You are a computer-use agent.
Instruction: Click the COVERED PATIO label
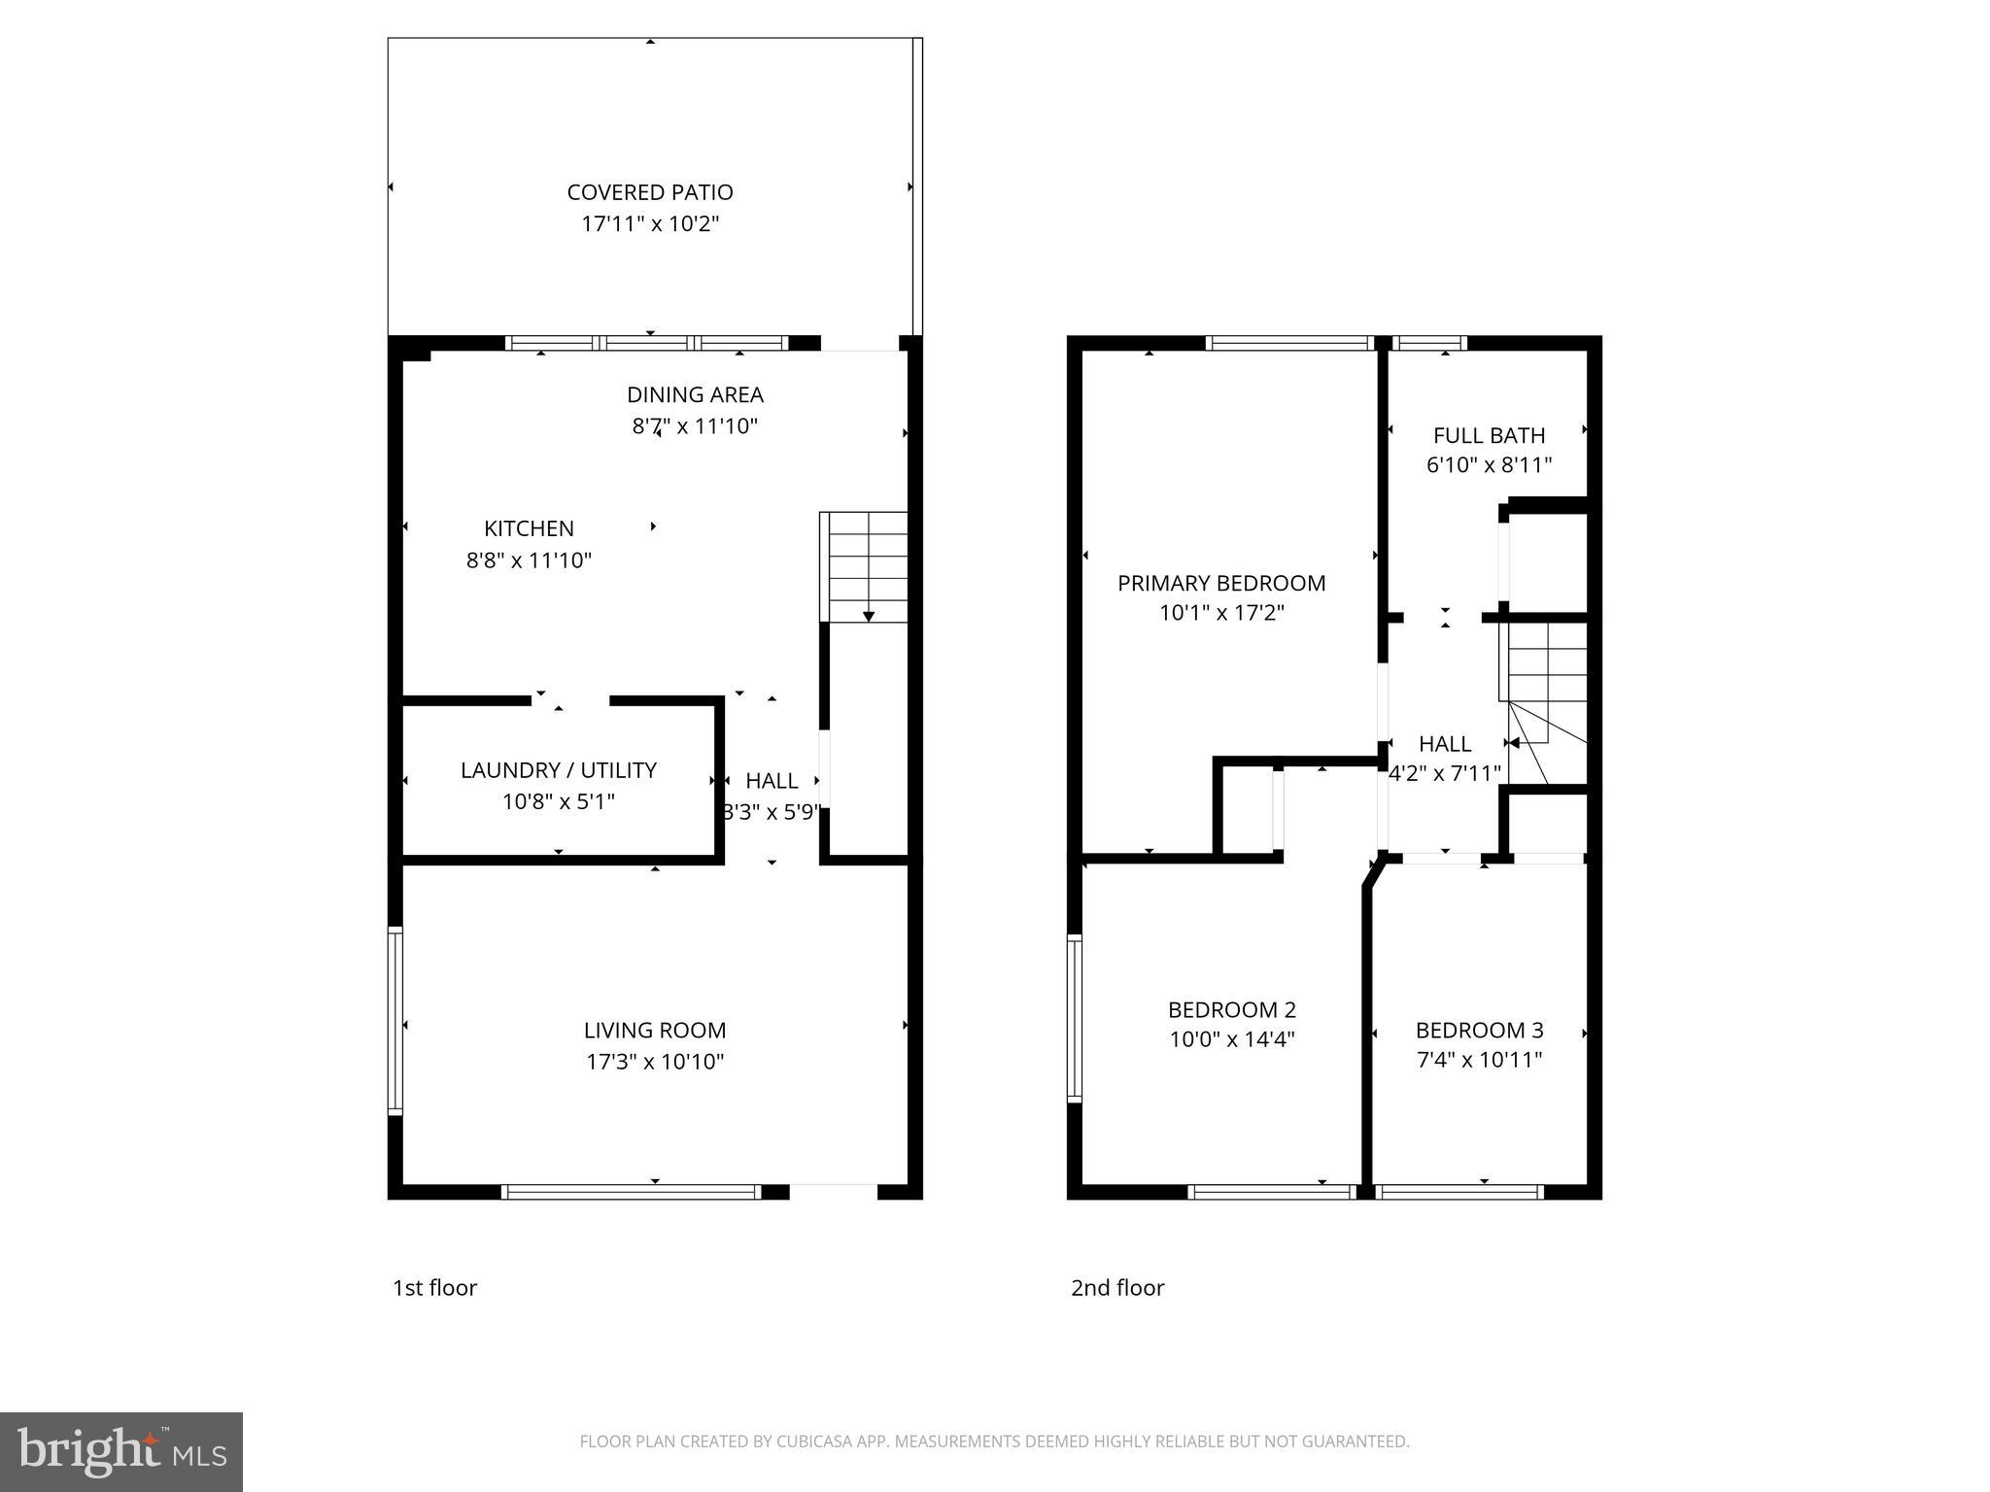(x=649, y=192)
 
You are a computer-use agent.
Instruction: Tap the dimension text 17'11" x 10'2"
(x=649, y=224)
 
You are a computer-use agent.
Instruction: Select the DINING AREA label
(x=695, y=394)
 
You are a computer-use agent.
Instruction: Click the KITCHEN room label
(x=529, y=528)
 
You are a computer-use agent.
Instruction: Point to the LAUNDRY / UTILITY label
(x=558, y=770)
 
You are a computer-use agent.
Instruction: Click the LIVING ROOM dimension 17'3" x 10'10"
(x=655, y=1062)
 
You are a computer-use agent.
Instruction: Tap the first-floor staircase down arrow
(x=868, y=615)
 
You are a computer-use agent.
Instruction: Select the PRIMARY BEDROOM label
(x=1220, y=583)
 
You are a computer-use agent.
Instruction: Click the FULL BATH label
(x=1489, y=435)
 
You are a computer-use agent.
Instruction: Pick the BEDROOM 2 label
(x=1231, y=1009)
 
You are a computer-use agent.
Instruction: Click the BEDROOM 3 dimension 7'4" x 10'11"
(x=1479, y=1060)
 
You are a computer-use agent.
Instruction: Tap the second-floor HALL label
(x=1444, y=744)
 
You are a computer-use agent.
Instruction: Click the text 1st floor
(x=434, y=1288)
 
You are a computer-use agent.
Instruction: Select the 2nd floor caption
(x=1116, y=1288)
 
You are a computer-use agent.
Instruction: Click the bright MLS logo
(x=120, y=1451)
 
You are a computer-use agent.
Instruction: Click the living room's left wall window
(x=395, y=1020)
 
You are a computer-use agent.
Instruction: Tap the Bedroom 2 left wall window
(x=1074, y=1018)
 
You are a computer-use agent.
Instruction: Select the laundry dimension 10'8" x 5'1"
(x=558, y=802)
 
